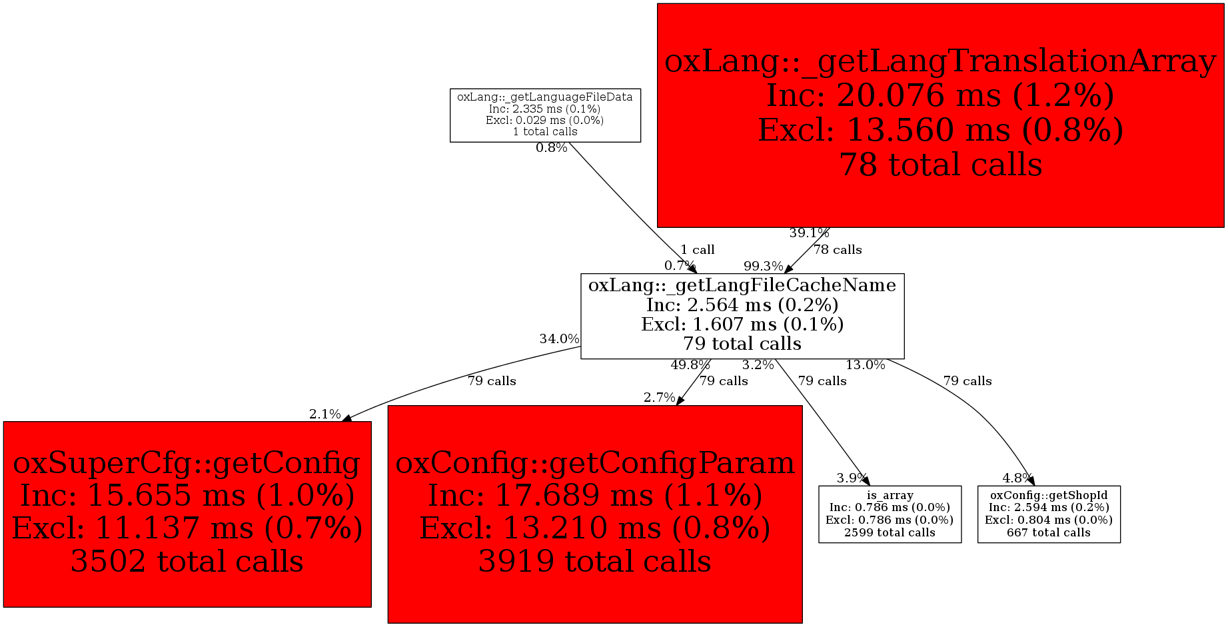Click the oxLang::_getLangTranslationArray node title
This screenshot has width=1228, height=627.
click(940, 62)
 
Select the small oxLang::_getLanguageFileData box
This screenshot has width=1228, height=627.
click(545, 115)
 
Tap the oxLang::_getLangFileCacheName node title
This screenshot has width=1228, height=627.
click(742, 285)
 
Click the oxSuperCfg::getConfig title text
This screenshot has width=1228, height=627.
click(187, 462)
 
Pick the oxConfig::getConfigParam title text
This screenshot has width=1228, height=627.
click(595, 462)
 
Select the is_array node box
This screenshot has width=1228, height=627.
click(890, 514)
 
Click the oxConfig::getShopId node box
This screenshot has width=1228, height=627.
click(1049, 514)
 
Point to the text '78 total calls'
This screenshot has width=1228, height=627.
click(940, 165)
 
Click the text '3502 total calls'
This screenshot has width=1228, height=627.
click(187, 561)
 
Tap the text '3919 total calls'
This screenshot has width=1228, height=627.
click(595, 561)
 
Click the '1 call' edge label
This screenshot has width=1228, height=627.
click(697, 250)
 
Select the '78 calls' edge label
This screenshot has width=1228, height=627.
click(838, 250)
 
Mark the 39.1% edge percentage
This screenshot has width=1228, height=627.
click(809, 233)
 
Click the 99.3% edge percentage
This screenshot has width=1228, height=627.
click(763, 267)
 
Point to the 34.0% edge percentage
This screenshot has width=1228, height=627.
click(559, 338)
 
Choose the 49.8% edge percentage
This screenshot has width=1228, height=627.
click(690, 365)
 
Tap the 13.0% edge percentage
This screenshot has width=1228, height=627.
click(865, 365)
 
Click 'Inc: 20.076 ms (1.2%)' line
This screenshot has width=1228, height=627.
click(940, 95)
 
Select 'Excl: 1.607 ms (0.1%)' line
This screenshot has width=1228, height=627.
click(742, 324)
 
